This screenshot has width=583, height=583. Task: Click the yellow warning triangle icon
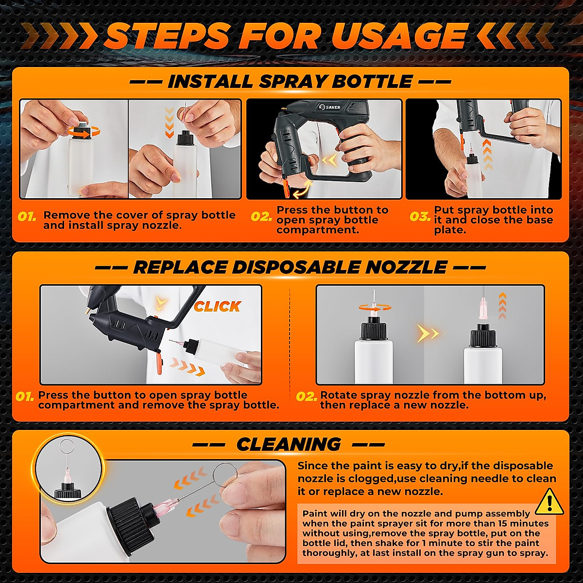(x=549, y=502)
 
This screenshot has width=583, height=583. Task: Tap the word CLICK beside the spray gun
(x=217, y=307)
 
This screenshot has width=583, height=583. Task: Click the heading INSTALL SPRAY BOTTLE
(x=290, y=82)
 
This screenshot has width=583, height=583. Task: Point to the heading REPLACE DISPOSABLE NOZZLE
(x=290, y=267)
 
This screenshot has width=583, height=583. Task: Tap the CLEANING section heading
(x=289, y=444)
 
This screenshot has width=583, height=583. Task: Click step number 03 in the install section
(x=419, y=217)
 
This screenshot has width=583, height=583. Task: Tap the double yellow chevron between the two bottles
(x=428, y=333)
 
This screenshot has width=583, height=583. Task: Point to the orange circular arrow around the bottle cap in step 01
(x=83, y=131)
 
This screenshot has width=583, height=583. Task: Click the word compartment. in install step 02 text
(x=318, y=230)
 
